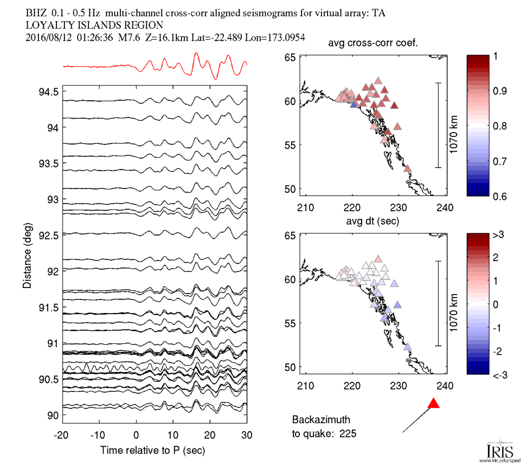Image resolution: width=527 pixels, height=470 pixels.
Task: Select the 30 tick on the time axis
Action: (x=247, y=435)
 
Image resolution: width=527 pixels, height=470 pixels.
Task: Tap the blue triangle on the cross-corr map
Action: (x=354, y=105)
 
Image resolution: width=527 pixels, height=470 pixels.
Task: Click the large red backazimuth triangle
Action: (x=433, y=403)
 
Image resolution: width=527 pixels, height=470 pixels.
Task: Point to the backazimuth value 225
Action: (x=348, y=433)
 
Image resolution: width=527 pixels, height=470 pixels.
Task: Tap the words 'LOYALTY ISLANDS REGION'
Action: (x=94, y=25)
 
